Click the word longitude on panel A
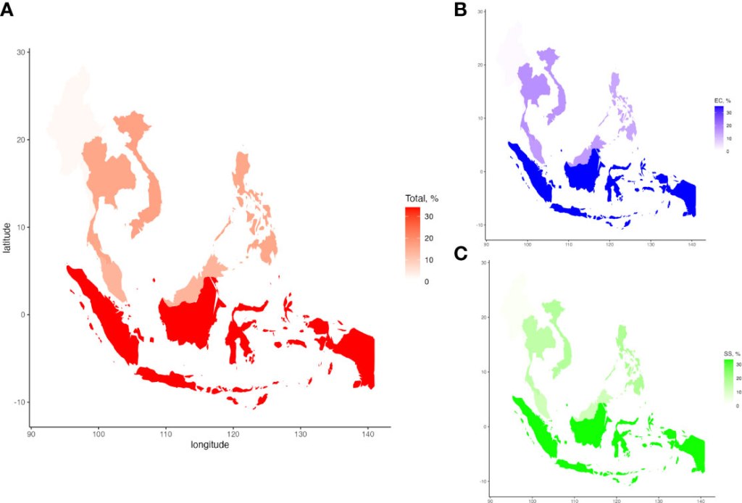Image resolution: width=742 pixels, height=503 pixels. pos(209,444)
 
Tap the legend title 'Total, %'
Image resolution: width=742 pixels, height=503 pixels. pos(422,199)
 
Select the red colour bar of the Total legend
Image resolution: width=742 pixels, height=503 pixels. pos(412,244)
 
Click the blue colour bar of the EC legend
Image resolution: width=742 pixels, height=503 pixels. pos(719,128)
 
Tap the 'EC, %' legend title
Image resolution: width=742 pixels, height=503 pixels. pos(722,100)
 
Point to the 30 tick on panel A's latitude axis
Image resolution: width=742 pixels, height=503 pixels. pos(22,52)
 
